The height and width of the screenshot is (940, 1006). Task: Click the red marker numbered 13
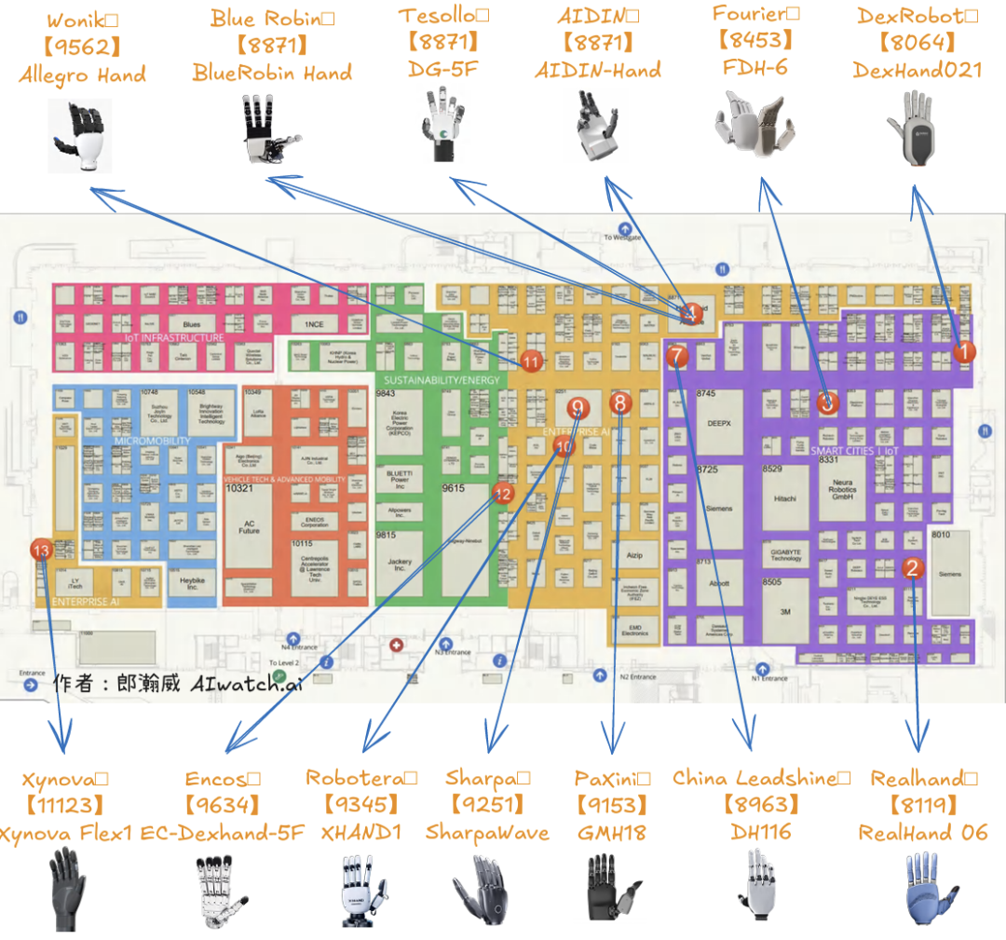40,551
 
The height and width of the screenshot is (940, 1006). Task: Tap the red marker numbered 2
913,567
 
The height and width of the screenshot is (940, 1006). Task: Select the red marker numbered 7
677,356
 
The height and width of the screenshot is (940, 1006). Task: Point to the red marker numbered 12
503,495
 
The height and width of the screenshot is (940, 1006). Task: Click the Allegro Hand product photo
80,137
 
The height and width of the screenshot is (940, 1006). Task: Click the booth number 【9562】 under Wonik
83,48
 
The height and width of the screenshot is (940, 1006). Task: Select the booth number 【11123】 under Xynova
64,805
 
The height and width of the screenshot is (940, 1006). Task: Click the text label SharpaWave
487,832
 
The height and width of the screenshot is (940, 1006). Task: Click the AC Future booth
249,527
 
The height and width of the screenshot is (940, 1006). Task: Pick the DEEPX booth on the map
719,422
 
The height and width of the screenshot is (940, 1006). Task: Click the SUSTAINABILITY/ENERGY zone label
441,380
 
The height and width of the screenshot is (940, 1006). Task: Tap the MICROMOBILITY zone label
151,441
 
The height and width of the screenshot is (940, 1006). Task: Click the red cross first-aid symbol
397,645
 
